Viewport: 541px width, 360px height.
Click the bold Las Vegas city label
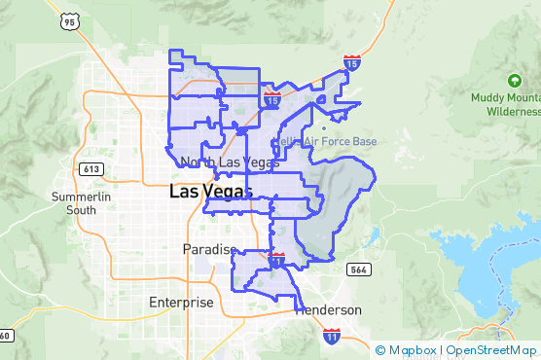[x=210, y=192]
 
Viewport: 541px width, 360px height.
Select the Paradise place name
[x=209, y=250]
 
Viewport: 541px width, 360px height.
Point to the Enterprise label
[x=181, y=303]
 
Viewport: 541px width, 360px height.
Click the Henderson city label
[x=329, y=309]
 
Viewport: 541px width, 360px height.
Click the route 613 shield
[x=93, y=168]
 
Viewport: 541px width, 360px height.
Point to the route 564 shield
[x=358, y=270]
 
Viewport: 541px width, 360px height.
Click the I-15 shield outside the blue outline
[x=352, y=63]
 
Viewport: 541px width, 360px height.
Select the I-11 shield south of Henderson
[x=332, y=337]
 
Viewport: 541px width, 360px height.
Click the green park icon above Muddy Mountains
[x=514, y=79]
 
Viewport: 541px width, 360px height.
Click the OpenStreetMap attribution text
[x=491, y=350]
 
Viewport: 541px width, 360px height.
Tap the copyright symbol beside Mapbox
[x=380, y=350]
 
